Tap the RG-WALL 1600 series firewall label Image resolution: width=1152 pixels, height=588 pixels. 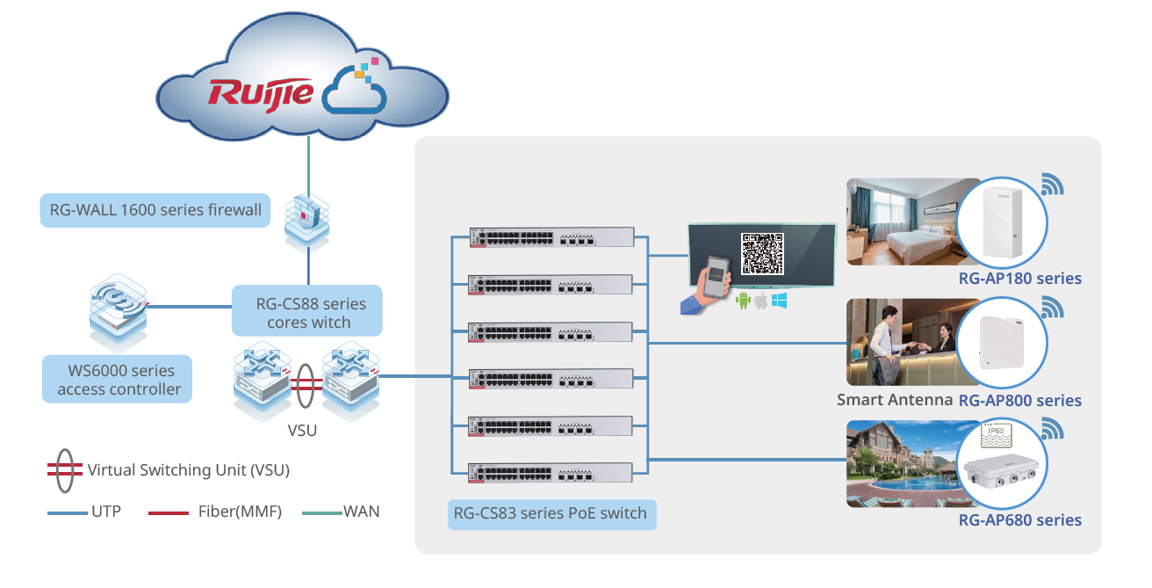point(155,211)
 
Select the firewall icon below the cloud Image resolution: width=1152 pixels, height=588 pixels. point(307,218)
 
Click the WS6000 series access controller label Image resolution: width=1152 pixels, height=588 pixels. point(119,380)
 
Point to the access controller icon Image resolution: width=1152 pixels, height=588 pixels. point(119,313)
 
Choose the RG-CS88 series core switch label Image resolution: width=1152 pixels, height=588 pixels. point(307,313)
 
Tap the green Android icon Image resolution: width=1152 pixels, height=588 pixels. point(743,301)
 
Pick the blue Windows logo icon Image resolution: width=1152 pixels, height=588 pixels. point(779,301)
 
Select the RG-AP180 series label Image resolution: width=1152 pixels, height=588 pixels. point(1019,279)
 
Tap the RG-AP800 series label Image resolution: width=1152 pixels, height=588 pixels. point(1019,401)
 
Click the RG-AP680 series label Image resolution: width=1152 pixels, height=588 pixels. point(1019,520)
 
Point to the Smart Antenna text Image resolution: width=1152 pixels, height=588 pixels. point(895,400)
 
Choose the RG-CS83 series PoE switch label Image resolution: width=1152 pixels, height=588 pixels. point(551,513)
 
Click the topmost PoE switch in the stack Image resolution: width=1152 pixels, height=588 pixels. point(551,237)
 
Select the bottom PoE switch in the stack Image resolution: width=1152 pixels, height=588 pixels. point(551,473)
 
